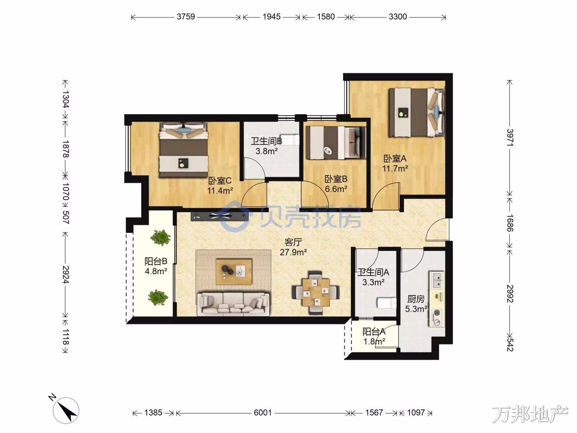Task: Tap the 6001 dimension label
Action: click(262, 413)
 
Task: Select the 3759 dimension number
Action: click(186, 17)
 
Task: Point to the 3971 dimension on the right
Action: click(510, 138)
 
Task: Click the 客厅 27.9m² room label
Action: click(293, 247)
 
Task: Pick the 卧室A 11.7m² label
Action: click(395, 163)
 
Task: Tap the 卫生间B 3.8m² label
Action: click(266, 146)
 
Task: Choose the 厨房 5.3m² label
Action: click(416, 304)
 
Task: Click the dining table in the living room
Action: click(316, 293)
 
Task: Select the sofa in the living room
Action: click(234, 304)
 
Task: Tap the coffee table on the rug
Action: click(234, 271)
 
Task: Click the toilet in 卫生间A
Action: click(386, 303)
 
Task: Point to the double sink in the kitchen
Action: click(437, 280)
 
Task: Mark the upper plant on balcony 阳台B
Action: click(160, 237)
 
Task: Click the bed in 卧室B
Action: click(336, 142)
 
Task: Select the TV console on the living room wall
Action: click(219, 216)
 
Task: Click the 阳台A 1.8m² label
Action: click(374, 336)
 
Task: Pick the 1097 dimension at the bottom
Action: click(416, 413)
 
